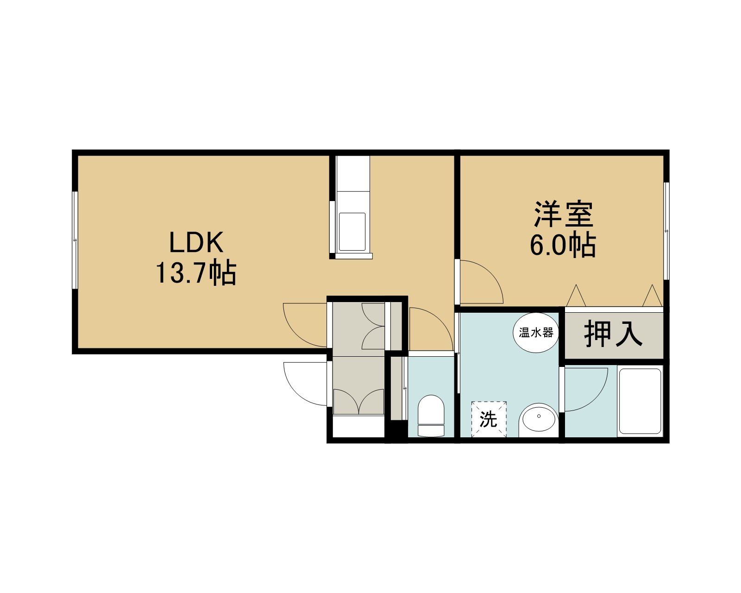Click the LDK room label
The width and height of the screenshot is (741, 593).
coord(196,242)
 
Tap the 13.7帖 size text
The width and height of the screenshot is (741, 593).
coord(196,272)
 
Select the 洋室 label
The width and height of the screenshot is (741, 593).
coord(564,214)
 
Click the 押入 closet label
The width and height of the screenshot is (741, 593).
coord(613,334)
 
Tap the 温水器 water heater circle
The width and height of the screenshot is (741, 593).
coord(536,333)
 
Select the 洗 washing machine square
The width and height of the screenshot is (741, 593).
coord(489,419)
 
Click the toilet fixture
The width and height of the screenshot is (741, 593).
coord(431,416)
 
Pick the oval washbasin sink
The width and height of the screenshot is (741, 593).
coord(539,420)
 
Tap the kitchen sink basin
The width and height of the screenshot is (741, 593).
coord(352,232)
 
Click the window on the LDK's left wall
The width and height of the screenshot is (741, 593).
coord(75,240)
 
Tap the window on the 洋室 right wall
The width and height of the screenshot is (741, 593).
coord(666,231)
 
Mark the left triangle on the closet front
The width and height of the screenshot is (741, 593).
coord(576,296)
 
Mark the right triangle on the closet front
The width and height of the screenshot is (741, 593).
coord(652,296)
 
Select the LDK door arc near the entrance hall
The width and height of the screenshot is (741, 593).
coord(296,334)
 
